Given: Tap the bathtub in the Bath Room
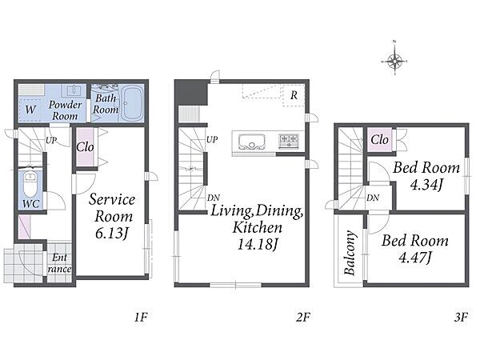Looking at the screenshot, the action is [132, 103].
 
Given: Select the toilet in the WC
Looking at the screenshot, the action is [30, 184].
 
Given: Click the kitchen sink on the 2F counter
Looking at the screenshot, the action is [252, 142].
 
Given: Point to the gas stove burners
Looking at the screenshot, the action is [288, 141].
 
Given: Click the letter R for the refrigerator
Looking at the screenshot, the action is [294, 95].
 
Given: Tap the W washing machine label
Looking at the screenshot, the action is [30, 110].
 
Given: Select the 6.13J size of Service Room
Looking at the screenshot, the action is [111, 234].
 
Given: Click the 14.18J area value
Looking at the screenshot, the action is [258, 244].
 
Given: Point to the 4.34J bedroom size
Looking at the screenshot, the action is [426, 185].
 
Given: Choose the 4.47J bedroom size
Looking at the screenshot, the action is [415, 258].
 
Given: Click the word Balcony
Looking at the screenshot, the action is [350, 253].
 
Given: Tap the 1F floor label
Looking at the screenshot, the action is [141, 318].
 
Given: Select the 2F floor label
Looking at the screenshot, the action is [302, 318].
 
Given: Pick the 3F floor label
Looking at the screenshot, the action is [461, 318].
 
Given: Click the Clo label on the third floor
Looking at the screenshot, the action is [379, 139].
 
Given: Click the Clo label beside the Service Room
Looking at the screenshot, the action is [85, 147].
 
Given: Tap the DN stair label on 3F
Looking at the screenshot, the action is [373, 198].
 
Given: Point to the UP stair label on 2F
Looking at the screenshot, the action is [212, 139].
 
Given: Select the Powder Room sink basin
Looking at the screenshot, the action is [74, 90].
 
